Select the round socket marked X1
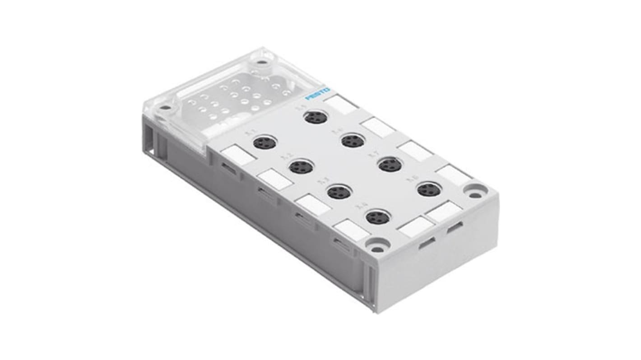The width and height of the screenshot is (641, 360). click(x=261, y=143)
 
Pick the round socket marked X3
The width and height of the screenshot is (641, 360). click(x=338, y=193)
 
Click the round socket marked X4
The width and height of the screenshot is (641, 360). click(x=378, y=218)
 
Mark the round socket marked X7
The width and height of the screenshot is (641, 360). click(x=390, y=165)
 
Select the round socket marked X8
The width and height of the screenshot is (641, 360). click(x=429, y=189)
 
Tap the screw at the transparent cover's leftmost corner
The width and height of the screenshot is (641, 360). click(x=165, y=108)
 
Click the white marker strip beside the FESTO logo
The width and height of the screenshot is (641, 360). click(x=341, y=105)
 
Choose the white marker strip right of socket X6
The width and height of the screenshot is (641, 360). click(x=378, y=127)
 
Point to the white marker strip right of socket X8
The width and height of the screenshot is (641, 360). click(x=454, y=174)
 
